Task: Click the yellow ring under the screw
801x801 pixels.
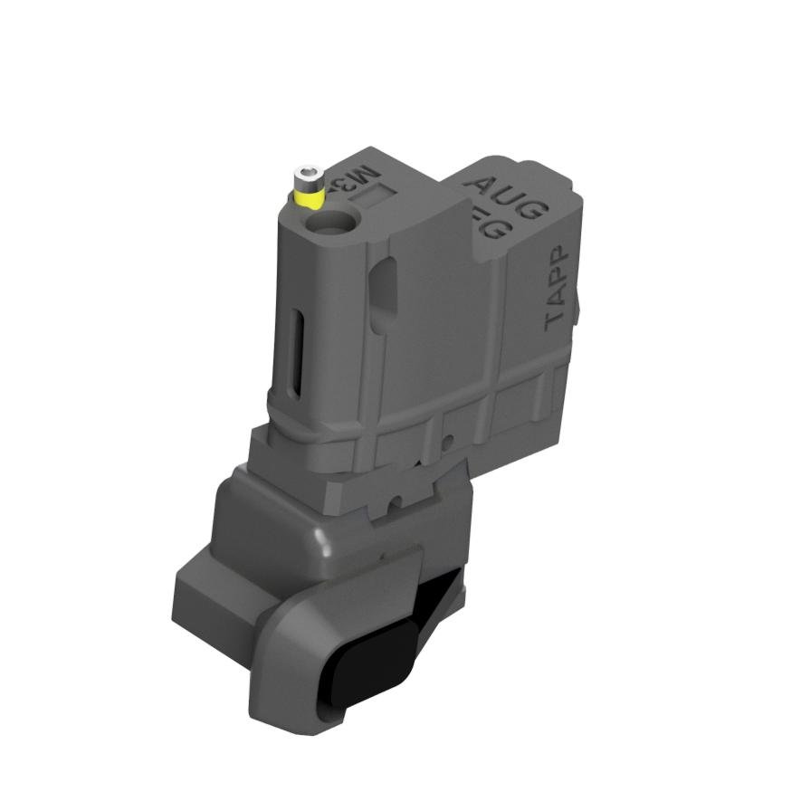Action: click(310, 195)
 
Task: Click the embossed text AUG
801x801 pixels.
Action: click(510, 195)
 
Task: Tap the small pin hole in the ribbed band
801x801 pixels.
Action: click(447, 442)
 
